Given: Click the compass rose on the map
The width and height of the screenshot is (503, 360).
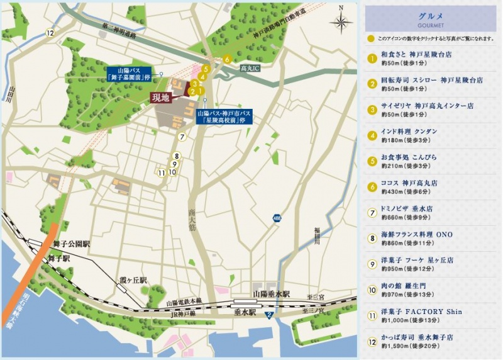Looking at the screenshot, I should (x=341, y=23).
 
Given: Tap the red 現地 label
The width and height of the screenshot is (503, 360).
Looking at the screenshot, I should (x=161, y=98).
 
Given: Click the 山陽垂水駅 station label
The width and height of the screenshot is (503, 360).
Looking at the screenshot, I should (x=271, y=294).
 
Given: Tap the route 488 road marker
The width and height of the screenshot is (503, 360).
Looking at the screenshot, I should (x=277, y=218).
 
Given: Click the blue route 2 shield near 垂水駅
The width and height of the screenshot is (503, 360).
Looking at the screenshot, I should (x=268, y=315).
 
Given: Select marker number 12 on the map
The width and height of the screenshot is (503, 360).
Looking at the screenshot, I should (x=50, y=33).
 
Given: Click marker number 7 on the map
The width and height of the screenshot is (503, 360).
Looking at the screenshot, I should (x=182, y=137).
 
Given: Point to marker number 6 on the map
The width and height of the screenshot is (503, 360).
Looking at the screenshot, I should (x=227, y=59).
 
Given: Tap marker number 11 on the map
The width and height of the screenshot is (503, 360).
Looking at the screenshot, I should (x=162, y=172).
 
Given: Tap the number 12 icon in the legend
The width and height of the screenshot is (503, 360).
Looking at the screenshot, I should (x=372, y=341).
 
